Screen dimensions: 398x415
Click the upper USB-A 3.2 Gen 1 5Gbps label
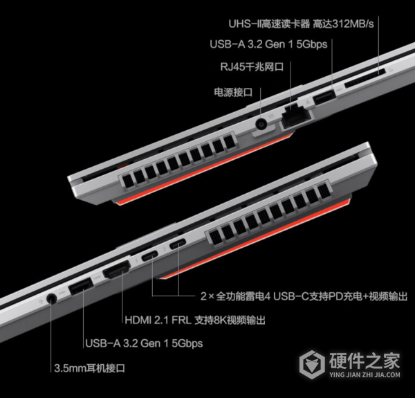pos(268,46)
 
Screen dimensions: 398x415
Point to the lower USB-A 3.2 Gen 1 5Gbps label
pos(142,343)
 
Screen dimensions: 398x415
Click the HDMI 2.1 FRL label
pos(196,320)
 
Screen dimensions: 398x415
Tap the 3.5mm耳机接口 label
pos(93,368)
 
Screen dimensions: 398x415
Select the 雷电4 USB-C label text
pos(303,296)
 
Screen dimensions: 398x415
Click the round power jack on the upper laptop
pos(262,125)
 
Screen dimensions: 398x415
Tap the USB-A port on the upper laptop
pos(324,96)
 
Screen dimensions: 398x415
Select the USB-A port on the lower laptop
pos(82,287)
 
